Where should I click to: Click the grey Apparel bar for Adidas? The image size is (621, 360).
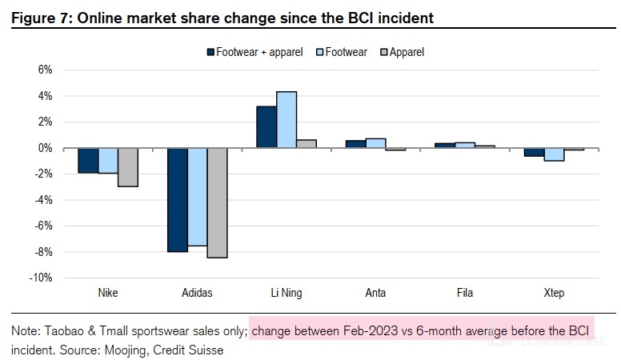(x=217, y=202)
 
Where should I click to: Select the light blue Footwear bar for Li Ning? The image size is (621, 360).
(x=286, y=120)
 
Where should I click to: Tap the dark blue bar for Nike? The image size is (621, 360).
(x=88, y=160)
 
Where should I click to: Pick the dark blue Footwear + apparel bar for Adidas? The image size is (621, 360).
(x=178, y=200)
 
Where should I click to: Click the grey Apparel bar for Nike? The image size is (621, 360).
(x=128, y=167)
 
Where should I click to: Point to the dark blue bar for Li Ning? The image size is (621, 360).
(x=266, y=127)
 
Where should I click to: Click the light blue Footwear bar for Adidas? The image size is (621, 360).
(x=198, y=197)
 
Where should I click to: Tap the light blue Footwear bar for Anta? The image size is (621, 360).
(x=375, y=143)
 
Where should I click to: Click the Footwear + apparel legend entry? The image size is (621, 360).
(x=255, y=52)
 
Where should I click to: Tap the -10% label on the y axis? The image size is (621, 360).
(x=41, y=278)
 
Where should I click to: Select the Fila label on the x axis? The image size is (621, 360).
(x=464, y=293)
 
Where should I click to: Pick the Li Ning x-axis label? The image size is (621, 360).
(x=286, y=293)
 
